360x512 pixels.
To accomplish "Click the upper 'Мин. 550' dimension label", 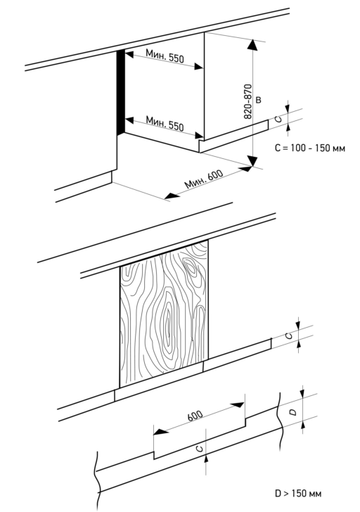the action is pyautogui.click(x=165, y=56).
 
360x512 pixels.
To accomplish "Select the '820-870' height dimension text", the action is pyautogui.click(x=248, y=101).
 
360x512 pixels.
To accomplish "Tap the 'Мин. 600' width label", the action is pyautogui.click(x=204, y=179).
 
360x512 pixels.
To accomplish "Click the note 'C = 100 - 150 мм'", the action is pyautogui.click(x=310, y=148).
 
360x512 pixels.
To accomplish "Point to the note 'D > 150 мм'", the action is pyautogui.click(x=298, y=493).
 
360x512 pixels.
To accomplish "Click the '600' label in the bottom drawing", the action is pyautogui.click(x=195, y=415).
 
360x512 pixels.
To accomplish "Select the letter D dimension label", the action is pyautogui.click(x=293, y=412).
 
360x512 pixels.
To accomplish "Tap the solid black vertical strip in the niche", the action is pyautogui.click(x=121, y=92).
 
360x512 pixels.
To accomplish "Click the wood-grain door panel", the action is pyautogui.click(x=164, y=314).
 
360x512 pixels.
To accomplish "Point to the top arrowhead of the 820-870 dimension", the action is pyautogui.click(x=252, y=44).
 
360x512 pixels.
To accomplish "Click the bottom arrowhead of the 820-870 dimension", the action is pyautogui.click(x=252, y=160).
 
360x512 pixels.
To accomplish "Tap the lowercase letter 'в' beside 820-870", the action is pyautogui.click(x=259, y=100).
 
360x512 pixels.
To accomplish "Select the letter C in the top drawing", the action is pyautogui.click(x=278, y=119).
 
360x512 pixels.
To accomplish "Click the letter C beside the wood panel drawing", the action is pyautogui.click(x=288, y=335).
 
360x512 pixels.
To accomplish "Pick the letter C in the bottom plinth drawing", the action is pyautogui.click(x=200, y=448).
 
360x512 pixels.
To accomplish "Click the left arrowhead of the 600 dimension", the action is pyautogui.click(x=160, y=432).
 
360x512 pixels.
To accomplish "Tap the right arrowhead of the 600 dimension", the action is pyautogui.click(x=237, y=405).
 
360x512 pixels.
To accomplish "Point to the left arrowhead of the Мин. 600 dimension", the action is pyautogui.click(x=172, y=196).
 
